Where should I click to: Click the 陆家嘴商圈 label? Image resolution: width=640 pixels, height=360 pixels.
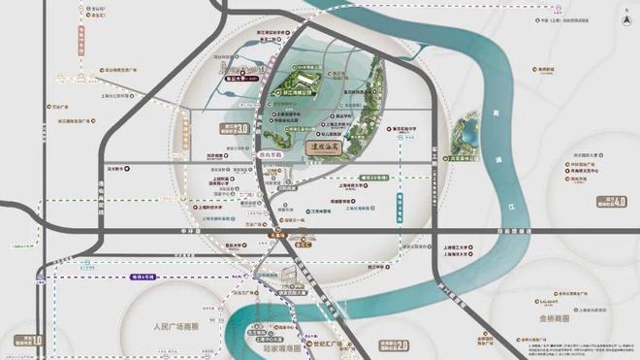coord(279,346)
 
